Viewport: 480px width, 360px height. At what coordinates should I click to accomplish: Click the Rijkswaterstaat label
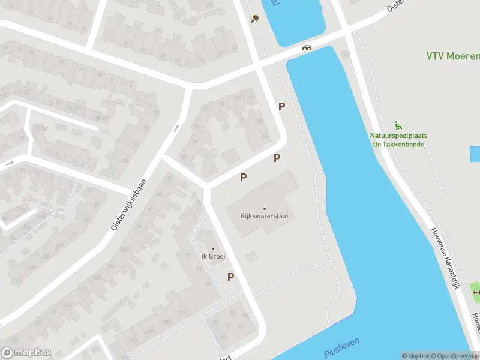click(x=264, y=217)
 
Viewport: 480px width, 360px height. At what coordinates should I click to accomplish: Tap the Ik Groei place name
click(x=212, y=257)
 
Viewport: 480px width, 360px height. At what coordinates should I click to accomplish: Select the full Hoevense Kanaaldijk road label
click(x=445, y=259)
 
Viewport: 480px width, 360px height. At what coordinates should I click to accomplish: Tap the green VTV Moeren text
click(x=453, y=56)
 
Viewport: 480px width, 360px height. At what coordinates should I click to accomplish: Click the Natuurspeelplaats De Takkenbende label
click(x=398, y=140)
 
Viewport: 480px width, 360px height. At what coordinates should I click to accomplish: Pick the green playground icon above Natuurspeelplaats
click(x=398, y=125)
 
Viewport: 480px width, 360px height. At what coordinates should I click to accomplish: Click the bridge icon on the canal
click(x=307, y=47)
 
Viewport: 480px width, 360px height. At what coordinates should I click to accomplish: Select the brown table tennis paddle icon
click(x=256, y=18)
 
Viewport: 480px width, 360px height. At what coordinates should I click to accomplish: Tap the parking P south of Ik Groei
click(x=230, y=277)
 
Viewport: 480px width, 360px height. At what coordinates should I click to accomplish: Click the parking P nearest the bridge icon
click(x=281, y=106)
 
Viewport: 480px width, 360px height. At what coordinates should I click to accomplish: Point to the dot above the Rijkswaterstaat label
click(x=264, y=209)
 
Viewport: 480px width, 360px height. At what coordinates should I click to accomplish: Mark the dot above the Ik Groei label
click(x=212, y=249)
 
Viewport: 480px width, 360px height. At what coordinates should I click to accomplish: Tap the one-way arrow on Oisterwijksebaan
click(x=176, y=128)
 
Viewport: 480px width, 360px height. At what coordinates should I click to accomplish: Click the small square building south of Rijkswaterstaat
click(x=251, y=256)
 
